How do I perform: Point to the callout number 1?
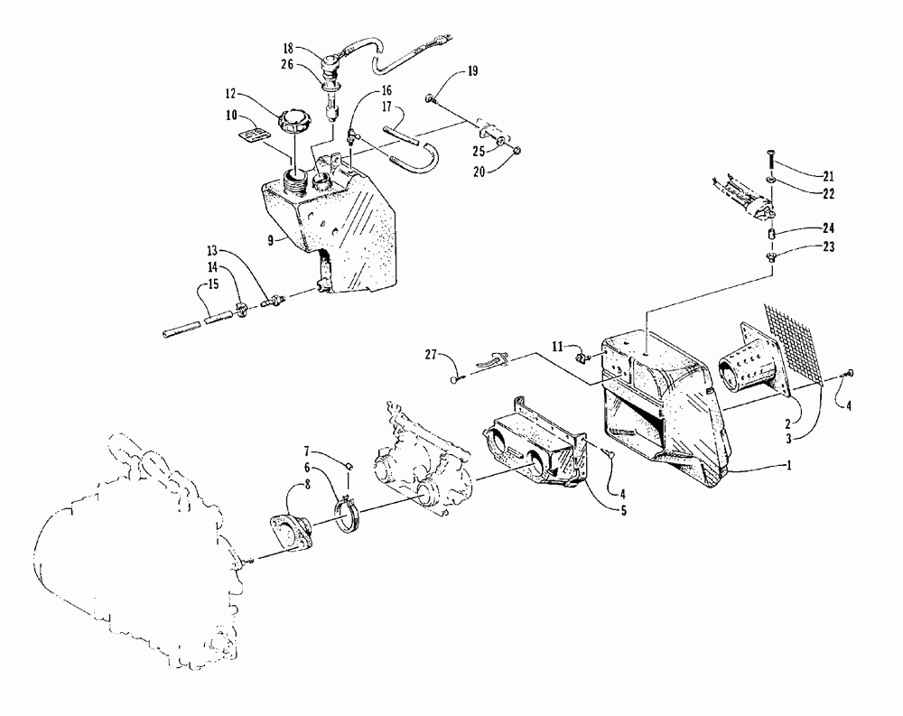[x=788, y=465]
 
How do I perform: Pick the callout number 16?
[x=386, y=90]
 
